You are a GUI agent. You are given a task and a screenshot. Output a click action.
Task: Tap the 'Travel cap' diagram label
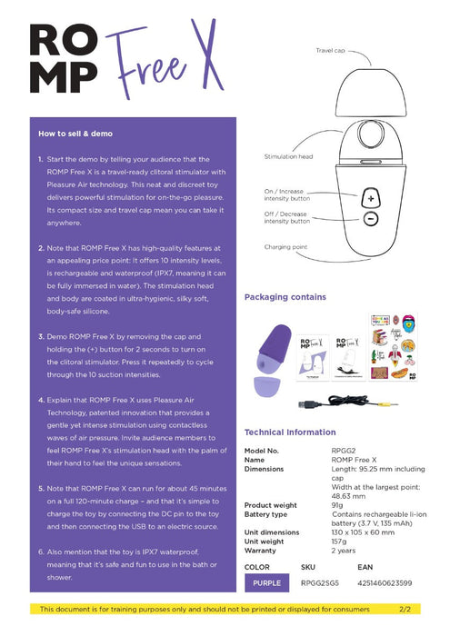329,51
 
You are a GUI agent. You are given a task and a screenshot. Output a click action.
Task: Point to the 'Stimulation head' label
288,156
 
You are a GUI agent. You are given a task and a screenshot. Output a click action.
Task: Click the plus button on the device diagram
370,197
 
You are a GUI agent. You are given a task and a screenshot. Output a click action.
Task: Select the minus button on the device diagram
370,219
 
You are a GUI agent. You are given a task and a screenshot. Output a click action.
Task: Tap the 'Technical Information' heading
290,432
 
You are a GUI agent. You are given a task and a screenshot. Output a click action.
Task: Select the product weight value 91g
338,505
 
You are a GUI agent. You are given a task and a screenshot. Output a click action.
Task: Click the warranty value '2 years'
344,551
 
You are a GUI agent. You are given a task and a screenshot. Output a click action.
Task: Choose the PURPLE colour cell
267,583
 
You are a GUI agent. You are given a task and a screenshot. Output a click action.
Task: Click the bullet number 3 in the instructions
42,336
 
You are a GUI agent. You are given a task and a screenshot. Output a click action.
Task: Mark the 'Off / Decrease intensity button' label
286,216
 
